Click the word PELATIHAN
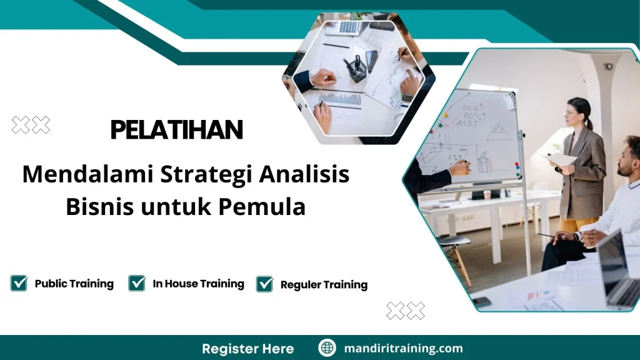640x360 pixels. (x=176, y=130)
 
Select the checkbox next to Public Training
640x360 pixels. (x=19, y=284)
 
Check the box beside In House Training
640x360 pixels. (x=137, y=284)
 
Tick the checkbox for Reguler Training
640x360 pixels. (x=265, y=284)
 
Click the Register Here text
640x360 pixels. (x=247, y=348)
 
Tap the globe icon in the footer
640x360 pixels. (x=327, y=348)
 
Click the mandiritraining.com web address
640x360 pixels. (x=403, y=348)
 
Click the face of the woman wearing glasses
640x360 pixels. (x=573, y=116)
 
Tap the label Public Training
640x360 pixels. (x=74, y=284)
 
